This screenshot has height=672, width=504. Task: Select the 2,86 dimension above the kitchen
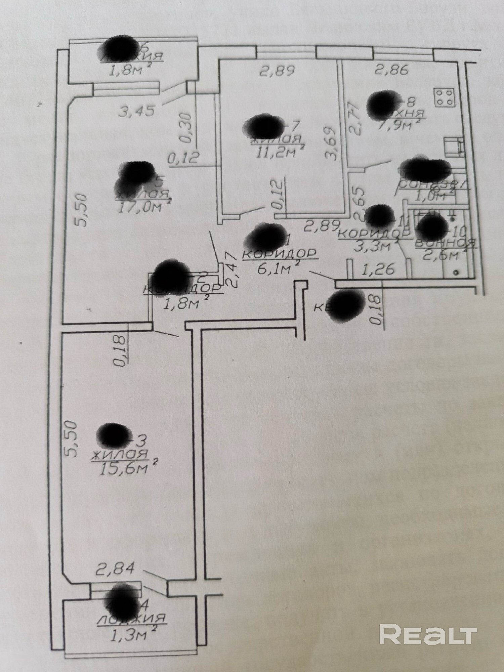click(x=392, y=70)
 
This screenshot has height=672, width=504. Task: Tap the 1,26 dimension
click(x=378, y=269)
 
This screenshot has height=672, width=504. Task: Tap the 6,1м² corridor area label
click(x=275, y=269)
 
